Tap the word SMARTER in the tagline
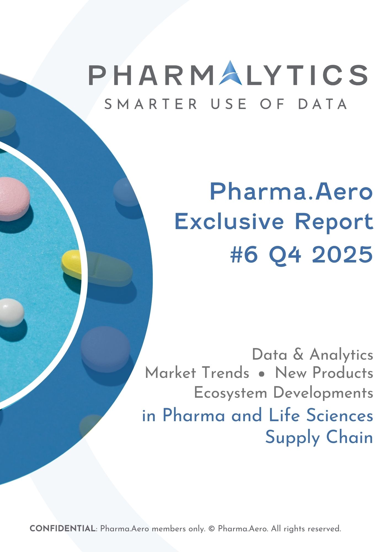(x=151, y=104)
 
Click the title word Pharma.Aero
(x=291, y=192)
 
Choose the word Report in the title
(x=334, y=222)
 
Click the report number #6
(x=244, y=255)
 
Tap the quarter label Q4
(x=285, y=255)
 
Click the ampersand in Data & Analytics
(x=298, y=354)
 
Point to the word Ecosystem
(x=231, y=393)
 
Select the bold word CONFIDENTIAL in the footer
(x=62, y=529)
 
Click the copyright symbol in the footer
(x=212, y=529)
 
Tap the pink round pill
(x=12, y=199)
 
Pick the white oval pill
(x=11, y=312)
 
